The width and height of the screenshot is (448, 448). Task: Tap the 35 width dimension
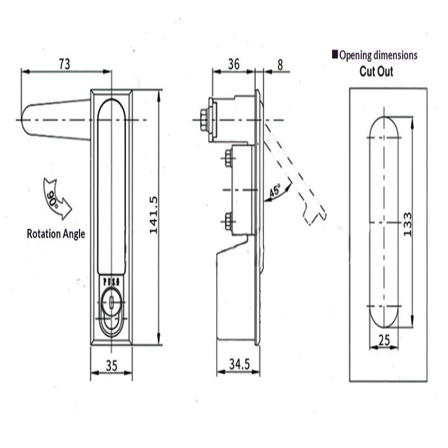pyautogui.click(x=111, y=366)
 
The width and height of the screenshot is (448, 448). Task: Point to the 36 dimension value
pyautogui.click(x=234, y=64)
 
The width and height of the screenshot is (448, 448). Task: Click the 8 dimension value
pyautogui.click(x=280, y=64)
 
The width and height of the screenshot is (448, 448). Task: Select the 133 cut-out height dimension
pyautogui.click(x=408, y=223)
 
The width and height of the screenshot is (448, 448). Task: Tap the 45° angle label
pyautogui.click(x=276, y=191)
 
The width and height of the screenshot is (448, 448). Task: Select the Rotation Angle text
pyautogui.click(x=56, y=234)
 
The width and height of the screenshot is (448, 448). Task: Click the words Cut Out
pyautogui.click(x=376, y=72)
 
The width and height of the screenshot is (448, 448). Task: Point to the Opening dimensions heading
pyautogui.click(x=378, y=55)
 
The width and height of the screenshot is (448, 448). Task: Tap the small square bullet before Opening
pyautogui.click(x=335, y=54)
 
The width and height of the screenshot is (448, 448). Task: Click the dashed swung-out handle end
pyautogui.click(x=314, y=213)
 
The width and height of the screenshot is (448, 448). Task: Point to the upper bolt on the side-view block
pyautogui.click(x=228, y=157)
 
